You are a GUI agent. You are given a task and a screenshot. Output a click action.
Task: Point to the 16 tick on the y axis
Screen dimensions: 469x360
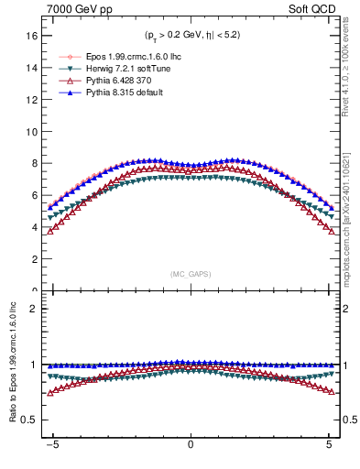tap(35, 36)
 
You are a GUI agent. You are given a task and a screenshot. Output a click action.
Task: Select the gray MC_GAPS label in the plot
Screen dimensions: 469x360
tap(190, 274)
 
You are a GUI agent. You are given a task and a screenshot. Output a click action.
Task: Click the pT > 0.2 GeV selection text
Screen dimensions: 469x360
tap(191, 36)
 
